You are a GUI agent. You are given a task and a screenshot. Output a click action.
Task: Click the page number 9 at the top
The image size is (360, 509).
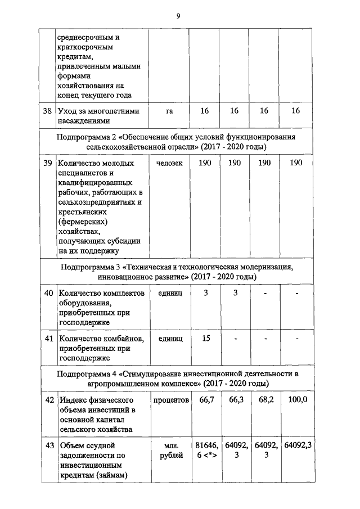(178, 15)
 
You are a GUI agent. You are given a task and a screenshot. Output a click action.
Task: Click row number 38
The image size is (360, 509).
(48, 111)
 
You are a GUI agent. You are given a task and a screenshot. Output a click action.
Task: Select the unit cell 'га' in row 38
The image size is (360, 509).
(169, 111)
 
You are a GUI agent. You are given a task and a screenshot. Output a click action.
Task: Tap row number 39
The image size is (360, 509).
(48, 163)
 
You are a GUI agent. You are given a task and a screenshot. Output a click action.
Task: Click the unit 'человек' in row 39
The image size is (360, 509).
(169, 163)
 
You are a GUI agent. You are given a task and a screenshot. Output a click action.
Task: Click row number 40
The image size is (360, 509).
(48, 293)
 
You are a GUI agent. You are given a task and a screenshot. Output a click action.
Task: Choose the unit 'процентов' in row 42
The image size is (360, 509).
(169, 399)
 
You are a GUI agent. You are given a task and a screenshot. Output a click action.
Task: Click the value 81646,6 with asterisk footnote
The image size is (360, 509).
(205, 451)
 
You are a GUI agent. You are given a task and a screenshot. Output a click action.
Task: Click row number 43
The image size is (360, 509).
(48, 445)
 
